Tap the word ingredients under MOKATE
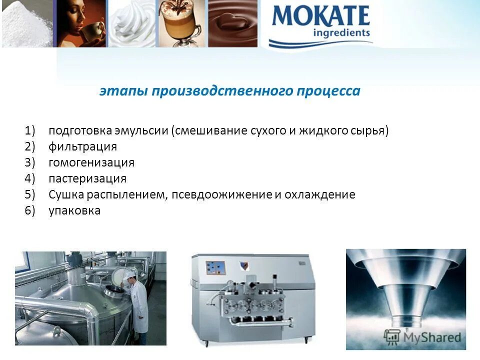coord(341,33)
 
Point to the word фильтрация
coord(82,147)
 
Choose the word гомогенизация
coord(91,163)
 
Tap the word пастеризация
coord(87,179)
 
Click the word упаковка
coord(74,210)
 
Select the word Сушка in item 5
coord(64,194)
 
